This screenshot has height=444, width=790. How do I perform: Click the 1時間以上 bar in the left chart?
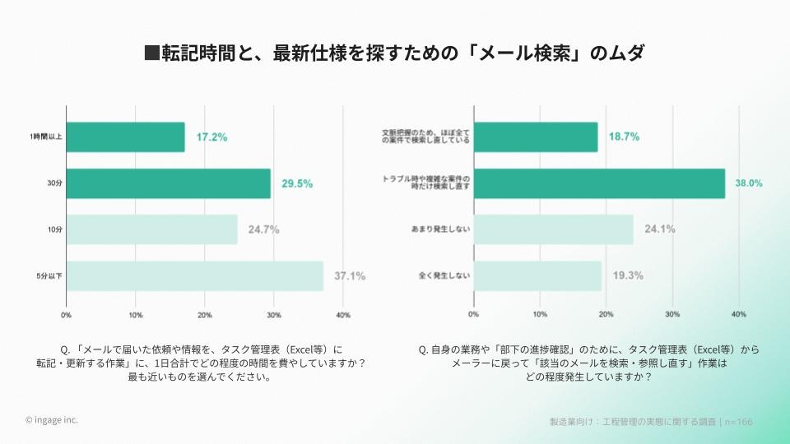click(x=125, y=136)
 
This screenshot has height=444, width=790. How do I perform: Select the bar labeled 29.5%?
click(x=168, y=183)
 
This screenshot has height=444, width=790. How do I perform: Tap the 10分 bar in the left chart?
click(x=151, y=229)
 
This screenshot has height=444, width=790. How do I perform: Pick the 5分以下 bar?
click(x=194, y=275)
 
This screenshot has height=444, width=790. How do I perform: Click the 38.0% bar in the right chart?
click(x=599, y=183)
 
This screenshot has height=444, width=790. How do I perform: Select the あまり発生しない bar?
click(x=553, y=229)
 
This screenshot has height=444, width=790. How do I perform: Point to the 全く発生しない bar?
click(x=537, y=275)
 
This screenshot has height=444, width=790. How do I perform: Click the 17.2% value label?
click(x=211, y=136)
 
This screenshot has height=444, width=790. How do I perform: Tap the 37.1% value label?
click(x=349, y=275)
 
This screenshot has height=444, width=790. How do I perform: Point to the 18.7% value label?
click(x=625, y=136)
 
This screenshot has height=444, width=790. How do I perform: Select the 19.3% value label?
click(x=628, y=275)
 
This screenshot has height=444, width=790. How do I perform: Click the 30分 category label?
click(x=54, y=183)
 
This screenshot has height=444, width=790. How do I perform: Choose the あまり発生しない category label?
click(x=440, y=229)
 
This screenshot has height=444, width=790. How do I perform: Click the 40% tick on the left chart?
click(x=344, y=315)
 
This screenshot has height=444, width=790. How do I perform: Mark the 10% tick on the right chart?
click(x=540, y=315)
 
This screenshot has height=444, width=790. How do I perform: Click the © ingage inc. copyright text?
click(x=52, y=420)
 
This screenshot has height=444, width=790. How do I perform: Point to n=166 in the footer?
click(x=738, y=422)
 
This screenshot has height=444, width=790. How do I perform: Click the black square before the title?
click(x=151, y=53)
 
